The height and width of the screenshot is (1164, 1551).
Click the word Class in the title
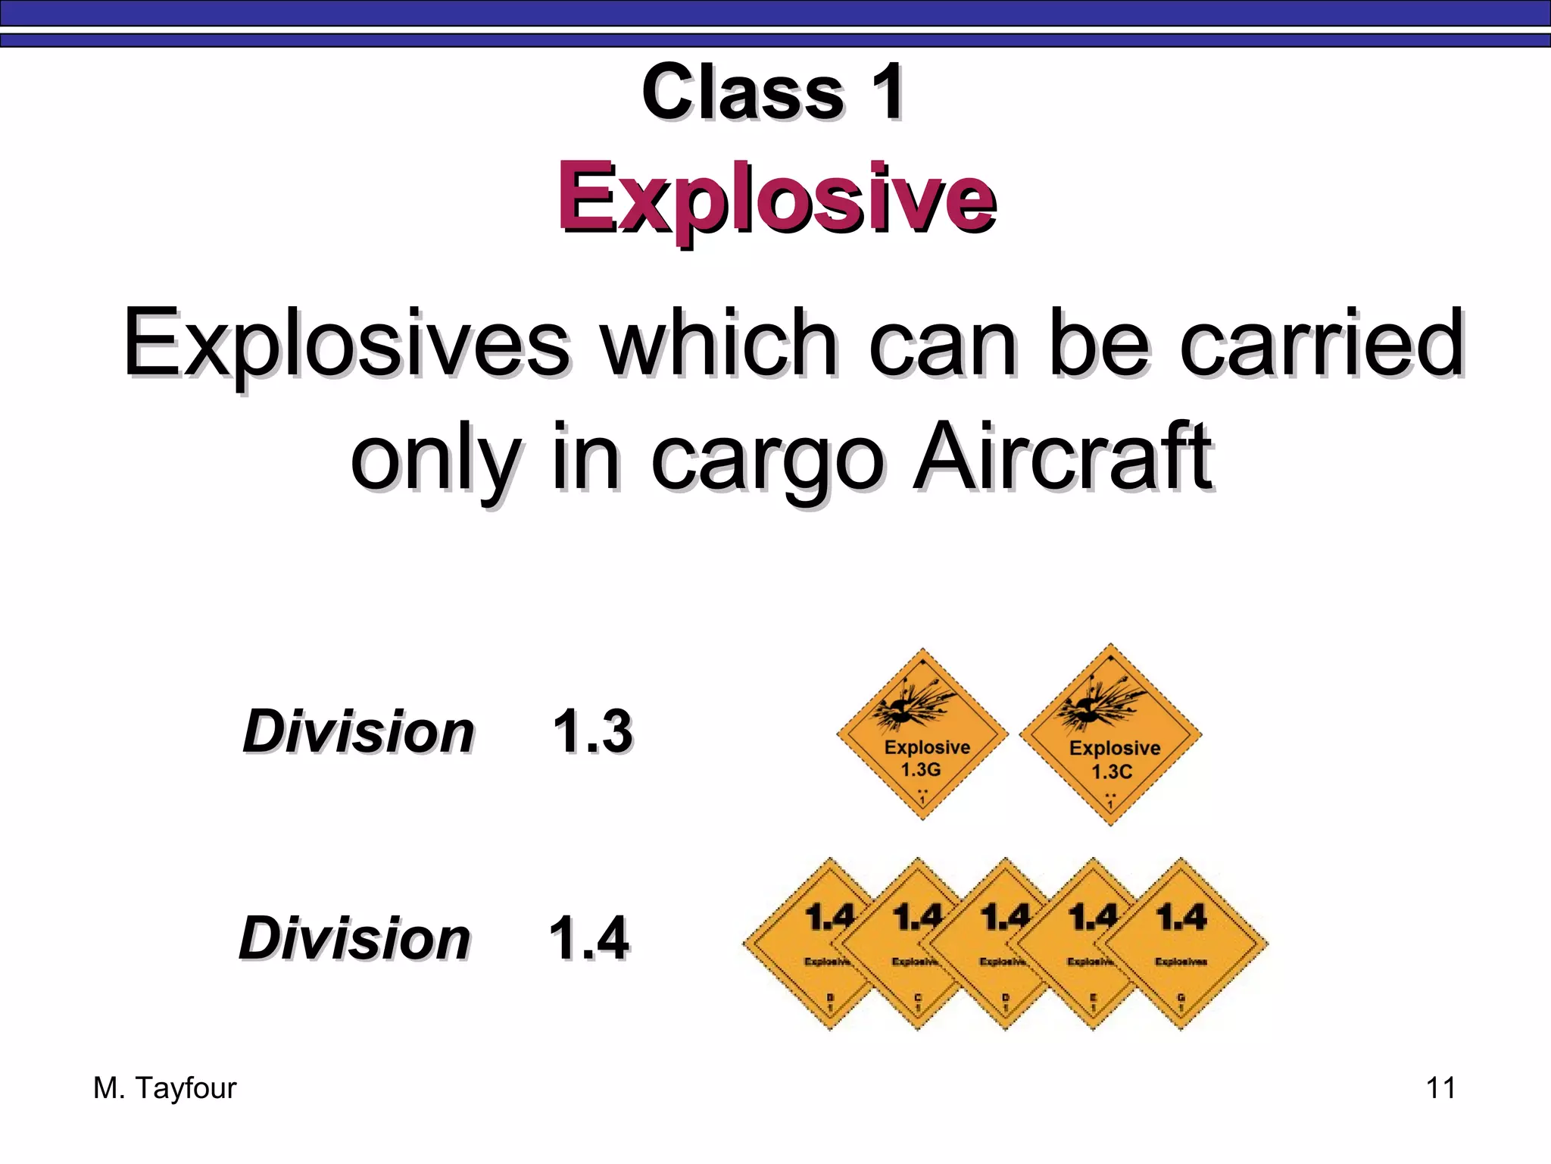tap(742, 92)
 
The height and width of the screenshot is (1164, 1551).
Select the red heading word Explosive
tap(775, 199)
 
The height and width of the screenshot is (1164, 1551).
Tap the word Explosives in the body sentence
tap(346, 343)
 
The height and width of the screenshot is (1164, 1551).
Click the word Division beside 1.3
tap(358, 732)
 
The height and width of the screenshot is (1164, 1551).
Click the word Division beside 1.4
tap(354, 938)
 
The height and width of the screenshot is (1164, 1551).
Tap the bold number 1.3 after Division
tap(592, 732)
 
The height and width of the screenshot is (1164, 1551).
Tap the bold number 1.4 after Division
tap(588, 938)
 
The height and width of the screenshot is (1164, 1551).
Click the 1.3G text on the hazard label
tap(921, 770)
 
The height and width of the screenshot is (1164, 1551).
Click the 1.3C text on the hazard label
tap(1112, 772)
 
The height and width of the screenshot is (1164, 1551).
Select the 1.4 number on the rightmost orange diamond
tap(1181, 917)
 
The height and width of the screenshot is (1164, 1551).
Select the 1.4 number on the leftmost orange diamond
tap(829, 917)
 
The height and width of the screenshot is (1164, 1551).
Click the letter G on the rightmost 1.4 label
tap(1181, 997)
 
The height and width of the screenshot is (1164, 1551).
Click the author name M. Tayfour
tap(164, 1088)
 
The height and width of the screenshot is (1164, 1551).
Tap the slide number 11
tap(1440, 1088)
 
